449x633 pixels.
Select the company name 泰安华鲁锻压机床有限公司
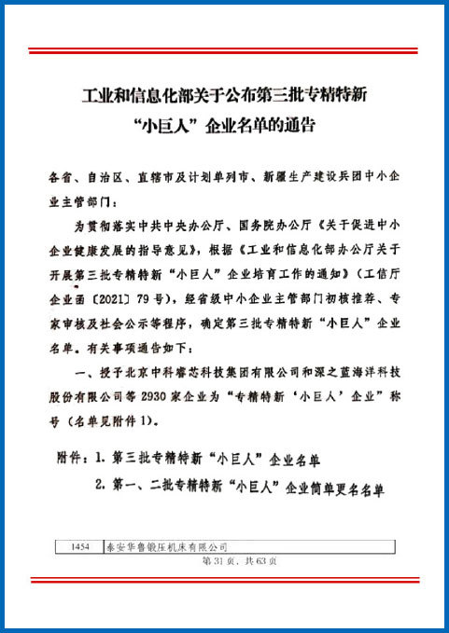coord(164,548)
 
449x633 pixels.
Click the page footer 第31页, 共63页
coord(239,562)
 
